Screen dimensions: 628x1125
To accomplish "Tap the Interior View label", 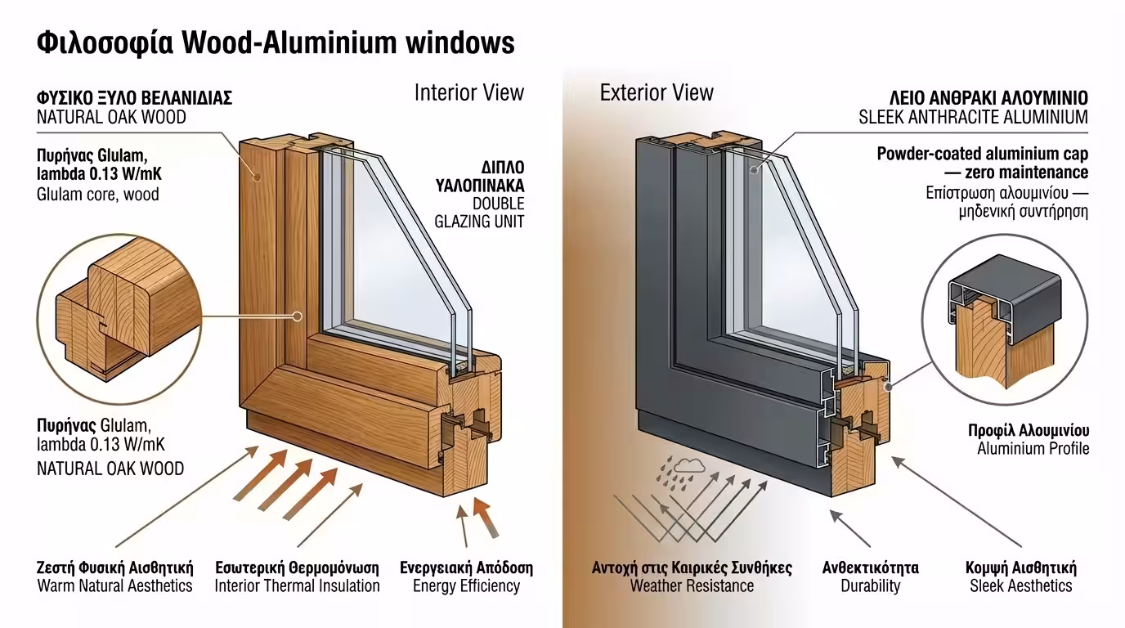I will click(468, 92).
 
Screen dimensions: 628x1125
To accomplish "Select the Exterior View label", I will click(657, 92).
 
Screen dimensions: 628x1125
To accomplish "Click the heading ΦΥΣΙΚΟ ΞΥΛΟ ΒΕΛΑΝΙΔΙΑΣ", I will click(135, 98).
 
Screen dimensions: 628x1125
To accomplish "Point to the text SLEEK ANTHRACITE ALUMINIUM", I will click(973, 118).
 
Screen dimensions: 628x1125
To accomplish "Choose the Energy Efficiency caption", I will click(466, 585).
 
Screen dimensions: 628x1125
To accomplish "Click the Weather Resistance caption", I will click(692, 585).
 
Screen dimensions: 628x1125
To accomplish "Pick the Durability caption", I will click(870, 585).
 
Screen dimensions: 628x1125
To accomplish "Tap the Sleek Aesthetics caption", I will click(1020, 585).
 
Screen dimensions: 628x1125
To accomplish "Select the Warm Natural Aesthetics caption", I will click(115, 585).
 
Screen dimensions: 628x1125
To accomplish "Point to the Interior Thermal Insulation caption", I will click(297, 585).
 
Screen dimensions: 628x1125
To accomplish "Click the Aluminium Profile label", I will click(1033, 448).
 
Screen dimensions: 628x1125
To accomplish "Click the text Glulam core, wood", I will click(98, 195).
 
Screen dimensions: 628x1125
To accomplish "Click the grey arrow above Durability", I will click(849, 527).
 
